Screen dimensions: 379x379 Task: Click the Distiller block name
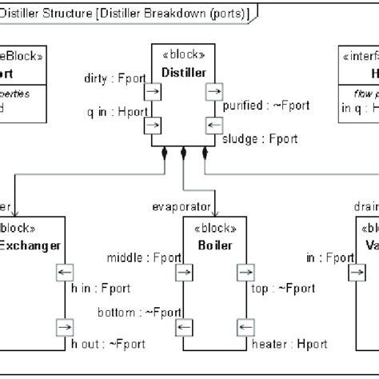(183, 73)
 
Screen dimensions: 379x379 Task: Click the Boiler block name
(213, 245)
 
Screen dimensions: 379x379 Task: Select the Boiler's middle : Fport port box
(183, 274)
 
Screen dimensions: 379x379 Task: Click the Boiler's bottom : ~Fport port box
(183, 327)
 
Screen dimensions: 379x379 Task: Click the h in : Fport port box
(63, 274)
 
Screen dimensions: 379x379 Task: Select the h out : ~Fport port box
(63, 327)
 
